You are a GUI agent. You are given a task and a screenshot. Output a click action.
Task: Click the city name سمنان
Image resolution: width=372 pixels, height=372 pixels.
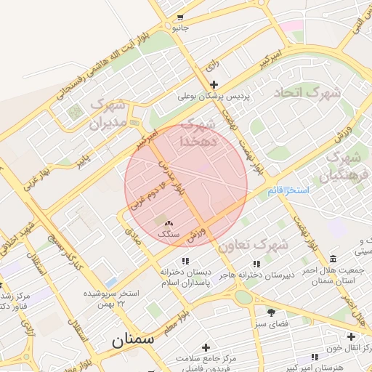pos(132,340)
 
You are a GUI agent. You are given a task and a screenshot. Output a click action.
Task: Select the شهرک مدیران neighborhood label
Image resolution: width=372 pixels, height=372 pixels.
pos(108,115)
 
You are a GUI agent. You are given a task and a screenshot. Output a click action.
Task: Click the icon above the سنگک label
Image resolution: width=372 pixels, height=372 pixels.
pos(169,224)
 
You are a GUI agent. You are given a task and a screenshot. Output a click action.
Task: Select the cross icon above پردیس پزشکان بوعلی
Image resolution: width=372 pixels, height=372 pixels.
pos(214,84)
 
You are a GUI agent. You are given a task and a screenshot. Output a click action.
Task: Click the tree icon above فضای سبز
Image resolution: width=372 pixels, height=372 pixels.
pos(272,312)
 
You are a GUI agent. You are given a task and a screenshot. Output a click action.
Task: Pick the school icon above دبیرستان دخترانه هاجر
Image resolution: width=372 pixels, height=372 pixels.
pos(256,264)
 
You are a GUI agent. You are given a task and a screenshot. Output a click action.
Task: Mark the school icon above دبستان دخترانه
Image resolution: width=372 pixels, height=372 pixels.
pos(186,260)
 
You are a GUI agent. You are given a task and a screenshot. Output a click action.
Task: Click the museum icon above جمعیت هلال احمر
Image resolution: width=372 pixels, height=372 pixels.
pos(333,259)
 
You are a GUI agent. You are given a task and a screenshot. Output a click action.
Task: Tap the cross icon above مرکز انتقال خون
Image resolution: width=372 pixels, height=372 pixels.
pos(352,336)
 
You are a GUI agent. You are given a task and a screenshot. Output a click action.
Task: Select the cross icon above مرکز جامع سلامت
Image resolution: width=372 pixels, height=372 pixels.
pos(206,347)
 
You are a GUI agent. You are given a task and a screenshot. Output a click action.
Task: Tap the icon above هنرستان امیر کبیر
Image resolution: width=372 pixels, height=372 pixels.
pos(315,357)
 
